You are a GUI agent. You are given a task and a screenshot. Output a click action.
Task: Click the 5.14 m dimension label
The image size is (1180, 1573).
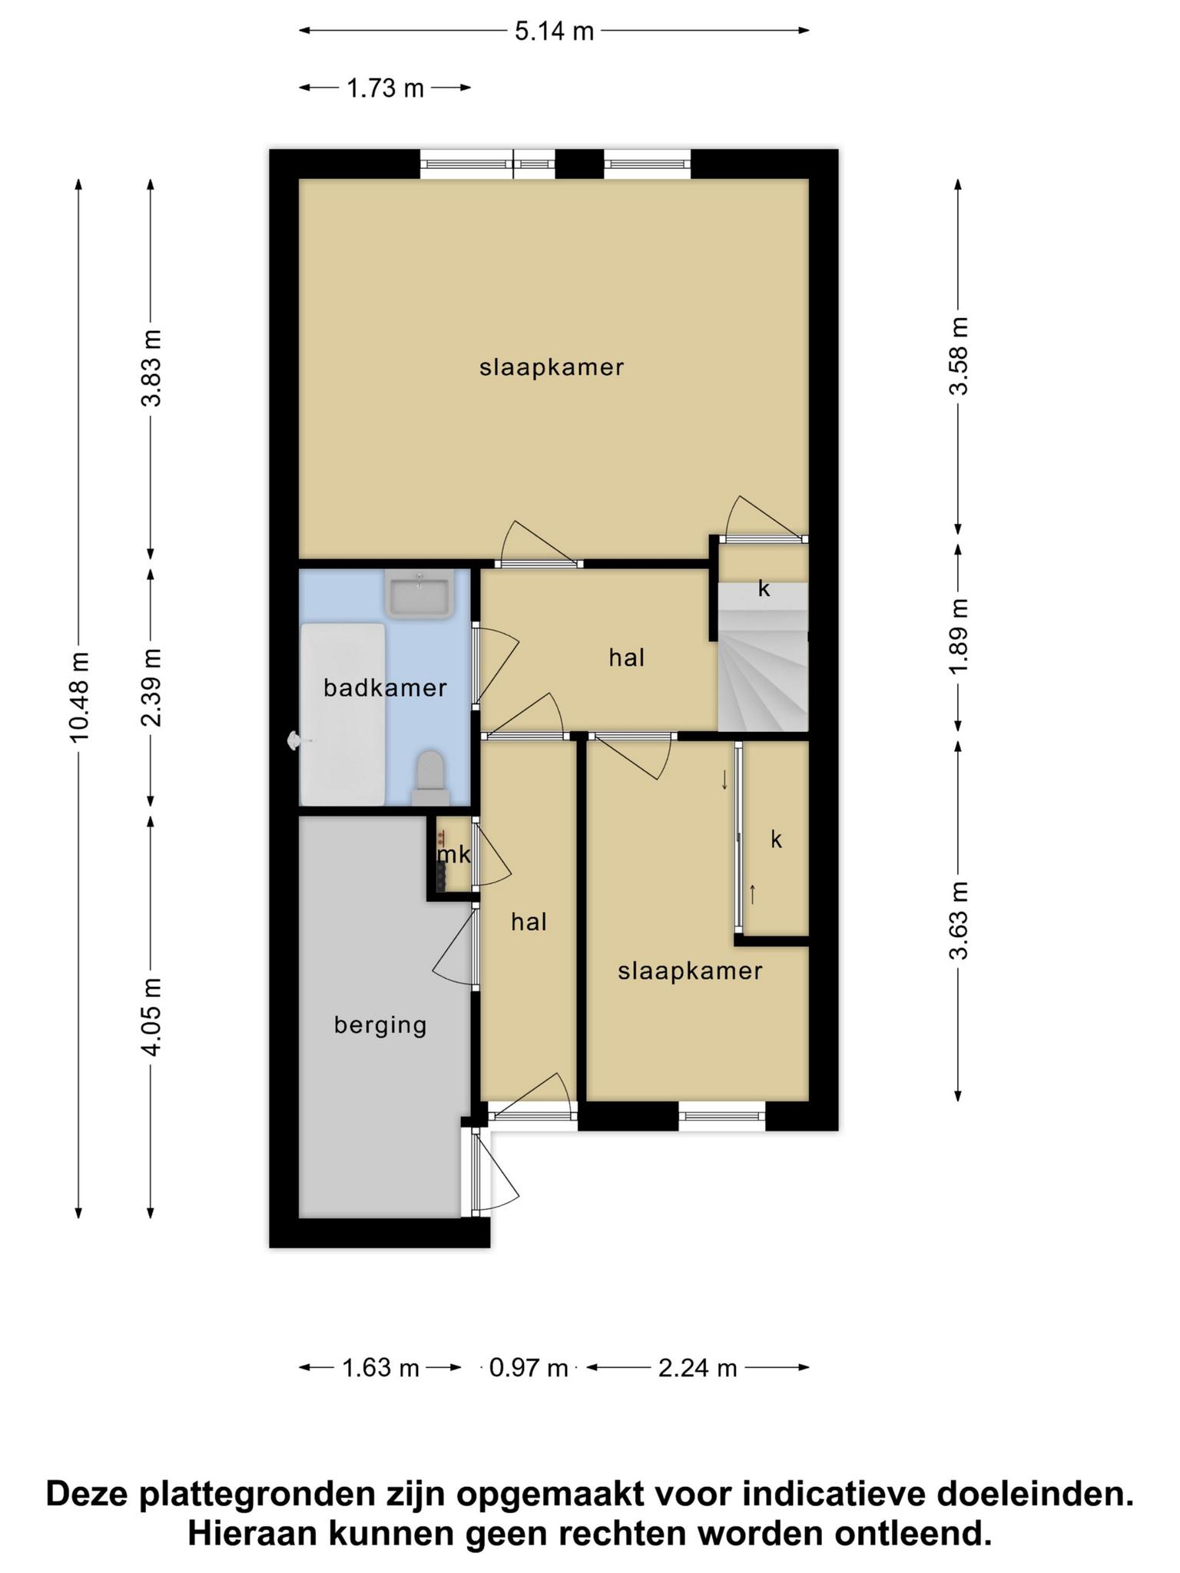pyautogui.click(x=554, y=31)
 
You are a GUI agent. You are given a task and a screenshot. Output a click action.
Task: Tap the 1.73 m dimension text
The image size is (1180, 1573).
pyautogui.click(x=385, y=88)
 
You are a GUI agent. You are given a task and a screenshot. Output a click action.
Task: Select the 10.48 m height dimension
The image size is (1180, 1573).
pyautogui.click(x=80, y=697)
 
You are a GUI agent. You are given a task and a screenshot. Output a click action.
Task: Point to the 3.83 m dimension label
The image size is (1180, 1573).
pyautogui.click(x=152, y=367)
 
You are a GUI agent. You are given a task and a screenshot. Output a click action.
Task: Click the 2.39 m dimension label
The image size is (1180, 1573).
pyautogui.click(x=152, y=687)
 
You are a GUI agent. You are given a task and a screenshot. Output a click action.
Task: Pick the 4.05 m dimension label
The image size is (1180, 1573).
pyautogui.click(x=152, y=1017)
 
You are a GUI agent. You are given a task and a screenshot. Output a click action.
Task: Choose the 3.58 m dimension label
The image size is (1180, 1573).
pyautogui.click(x=959, y=356)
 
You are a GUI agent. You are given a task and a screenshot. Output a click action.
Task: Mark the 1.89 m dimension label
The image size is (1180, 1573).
pyautogui.click(x=959, y=637)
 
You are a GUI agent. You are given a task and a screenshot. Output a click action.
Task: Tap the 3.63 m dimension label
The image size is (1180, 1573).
pyautogui.click(x=959, y=921)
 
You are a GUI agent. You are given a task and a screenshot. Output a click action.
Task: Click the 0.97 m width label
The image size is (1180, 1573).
pyautogui.click(x=529, y=1368)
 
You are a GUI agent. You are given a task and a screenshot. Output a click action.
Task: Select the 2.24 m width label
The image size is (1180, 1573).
pyautogui.click(x=698, y=1368)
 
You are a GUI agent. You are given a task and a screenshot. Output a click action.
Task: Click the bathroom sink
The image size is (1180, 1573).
pyautogui.click(x=419, y=594)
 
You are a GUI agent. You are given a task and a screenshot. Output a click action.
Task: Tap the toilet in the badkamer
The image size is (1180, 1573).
pyautogui.click(x=430, y=777)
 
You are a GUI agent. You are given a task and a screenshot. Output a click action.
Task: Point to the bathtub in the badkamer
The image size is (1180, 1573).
pyautogui.click(x=343, y=714)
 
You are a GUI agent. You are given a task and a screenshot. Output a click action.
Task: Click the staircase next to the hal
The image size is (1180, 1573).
pyautogui.click(x=763, y=657)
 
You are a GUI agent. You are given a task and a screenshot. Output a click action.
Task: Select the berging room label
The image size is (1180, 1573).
pyautogui.click(x=380, y=1025)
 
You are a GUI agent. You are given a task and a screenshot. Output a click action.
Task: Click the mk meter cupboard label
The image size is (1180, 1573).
pyautogui.click(x=453, y=855)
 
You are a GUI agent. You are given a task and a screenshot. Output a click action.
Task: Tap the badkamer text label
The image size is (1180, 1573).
pyautogui.click(x=385, y=687)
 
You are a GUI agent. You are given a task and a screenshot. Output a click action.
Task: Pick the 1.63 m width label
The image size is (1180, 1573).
pyautogui.click(x=380, y=1368)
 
